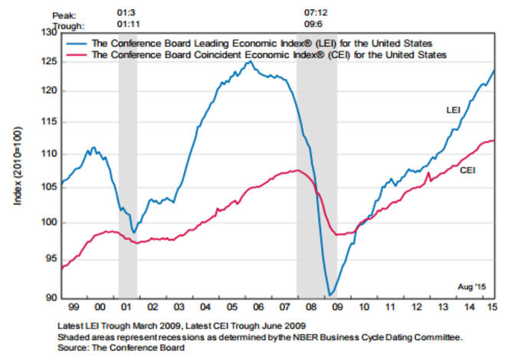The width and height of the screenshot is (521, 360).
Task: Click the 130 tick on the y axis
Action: point(48,33)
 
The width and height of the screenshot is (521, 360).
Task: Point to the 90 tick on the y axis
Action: point(51,297)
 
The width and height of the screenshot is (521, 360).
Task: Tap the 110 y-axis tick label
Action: point(48,154)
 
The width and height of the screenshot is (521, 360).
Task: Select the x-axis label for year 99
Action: point(74,306)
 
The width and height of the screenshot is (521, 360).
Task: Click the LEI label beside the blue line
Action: point(454,111)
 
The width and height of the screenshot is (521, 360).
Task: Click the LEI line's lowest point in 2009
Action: point(330,293)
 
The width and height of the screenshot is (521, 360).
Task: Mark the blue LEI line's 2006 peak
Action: point(248,62)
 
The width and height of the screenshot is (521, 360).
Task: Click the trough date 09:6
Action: point(316,25)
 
